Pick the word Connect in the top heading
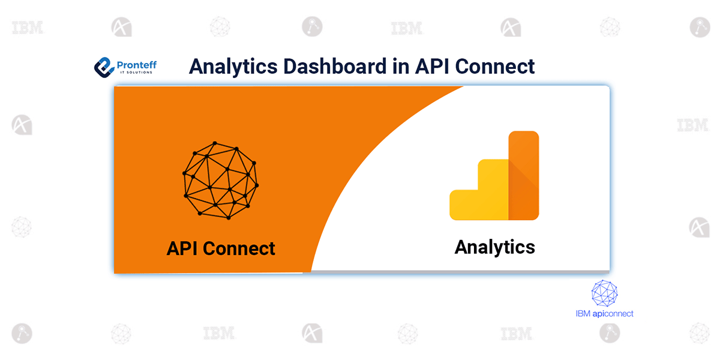[496, 66]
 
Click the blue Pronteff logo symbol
[104, 66]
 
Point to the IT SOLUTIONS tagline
[135, 73]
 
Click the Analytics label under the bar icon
[494, 247]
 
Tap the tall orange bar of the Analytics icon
[524, 175]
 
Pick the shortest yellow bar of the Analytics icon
[464, 205]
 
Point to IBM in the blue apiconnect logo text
[583, 313]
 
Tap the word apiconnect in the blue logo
[613, 313]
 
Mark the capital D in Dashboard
[290, 66]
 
